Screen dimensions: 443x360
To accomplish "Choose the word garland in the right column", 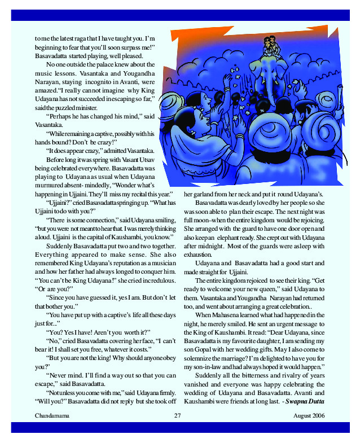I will pyautogui.click(x=195, y=194).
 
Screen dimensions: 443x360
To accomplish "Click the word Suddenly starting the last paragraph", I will pyautogui.click(x=210, y=375).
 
